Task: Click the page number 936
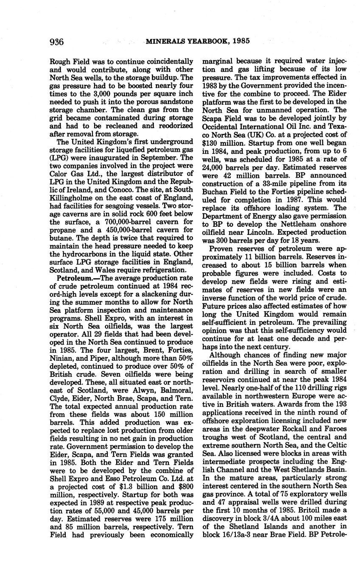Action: [x=57, y=42]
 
